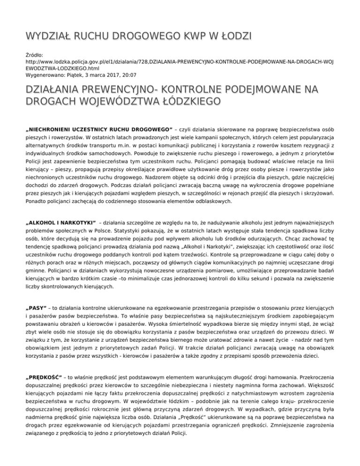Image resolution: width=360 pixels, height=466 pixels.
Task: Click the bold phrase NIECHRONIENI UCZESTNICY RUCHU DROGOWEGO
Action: (99, 129)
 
